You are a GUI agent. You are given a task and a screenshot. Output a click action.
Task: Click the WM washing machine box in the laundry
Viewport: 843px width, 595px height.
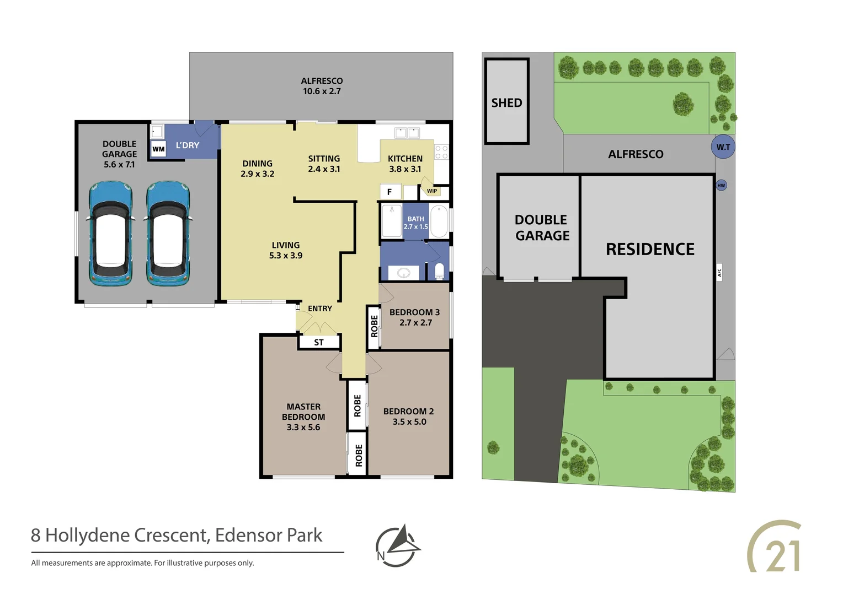point(158,149)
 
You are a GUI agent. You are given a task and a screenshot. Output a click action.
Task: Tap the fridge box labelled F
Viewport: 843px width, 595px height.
point(390,192)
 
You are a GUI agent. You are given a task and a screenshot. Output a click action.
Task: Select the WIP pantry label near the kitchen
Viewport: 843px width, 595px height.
point(432,191)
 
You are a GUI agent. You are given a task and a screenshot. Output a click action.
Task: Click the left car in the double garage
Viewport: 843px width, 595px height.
point(111,234)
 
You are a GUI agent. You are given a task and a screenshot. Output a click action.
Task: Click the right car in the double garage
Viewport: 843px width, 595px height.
point(168,234)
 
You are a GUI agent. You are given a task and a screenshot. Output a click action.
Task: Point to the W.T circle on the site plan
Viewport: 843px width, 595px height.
point(723,147)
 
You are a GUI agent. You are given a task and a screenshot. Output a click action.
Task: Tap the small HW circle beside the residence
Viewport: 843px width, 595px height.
point(721,185)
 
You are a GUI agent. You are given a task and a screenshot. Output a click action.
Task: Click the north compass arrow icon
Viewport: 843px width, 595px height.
point(398,545)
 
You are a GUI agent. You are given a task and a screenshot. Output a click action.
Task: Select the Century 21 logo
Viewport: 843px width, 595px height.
point(776,547)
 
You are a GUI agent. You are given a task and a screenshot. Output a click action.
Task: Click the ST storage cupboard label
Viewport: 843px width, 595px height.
point(319,343)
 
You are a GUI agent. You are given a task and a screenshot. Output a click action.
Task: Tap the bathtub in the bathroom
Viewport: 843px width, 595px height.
point(439,221)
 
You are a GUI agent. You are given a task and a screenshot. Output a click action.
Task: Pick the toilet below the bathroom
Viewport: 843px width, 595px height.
point(439,271)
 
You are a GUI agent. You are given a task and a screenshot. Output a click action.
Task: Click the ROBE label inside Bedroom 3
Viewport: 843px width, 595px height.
point(375,326)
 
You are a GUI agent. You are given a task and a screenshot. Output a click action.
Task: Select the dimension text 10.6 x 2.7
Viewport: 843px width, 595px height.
point(322,91)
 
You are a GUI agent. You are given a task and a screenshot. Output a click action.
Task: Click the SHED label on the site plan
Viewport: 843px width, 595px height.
point(506,103)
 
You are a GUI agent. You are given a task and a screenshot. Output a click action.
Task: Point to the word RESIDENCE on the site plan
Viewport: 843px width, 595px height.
point(650,249)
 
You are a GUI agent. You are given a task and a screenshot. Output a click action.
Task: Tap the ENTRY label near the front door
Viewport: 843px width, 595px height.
point(320,309)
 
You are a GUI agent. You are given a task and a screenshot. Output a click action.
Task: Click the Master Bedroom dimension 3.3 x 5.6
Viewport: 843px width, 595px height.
point(303,428)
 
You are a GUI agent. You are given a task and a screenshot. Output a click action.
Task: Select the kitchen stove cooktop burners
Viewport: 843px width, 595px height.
point(441,152)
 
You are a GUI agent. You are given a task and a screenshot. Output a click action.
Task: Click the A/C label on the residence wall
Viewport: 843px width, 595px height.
point(719,272)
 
